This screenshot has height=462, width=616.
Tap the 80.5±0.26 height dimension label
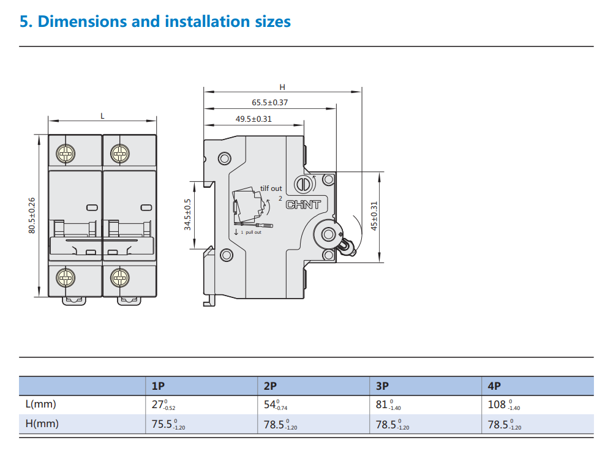click(32, 214)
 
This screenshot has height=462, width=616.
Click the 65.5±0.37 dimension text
click(269, 103)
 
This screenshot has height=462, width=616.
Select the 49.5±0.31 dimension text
click(254, 119)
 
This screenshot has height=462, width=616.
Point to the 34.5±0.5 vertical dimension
click(188, 214)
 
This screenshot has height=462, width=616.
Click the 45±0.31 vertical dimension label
click(375, 216)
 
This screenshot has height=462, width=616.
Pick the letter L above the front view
click(102, 115)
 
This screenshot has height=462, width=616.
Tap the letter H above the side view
click(282, 88)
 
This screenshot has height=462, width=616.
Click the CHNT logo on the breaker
click(303, 204)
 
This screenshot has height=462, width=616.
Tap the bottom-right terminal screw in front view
click(120, 278)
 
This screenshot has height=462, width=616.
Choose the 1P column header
click(158, 386)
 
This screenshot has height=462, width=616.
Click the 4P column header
click(494, 386)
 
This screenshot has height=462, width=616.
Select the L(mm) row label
click(40, 404)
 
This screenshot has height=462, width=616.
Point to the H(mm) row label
click(42, 423)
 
